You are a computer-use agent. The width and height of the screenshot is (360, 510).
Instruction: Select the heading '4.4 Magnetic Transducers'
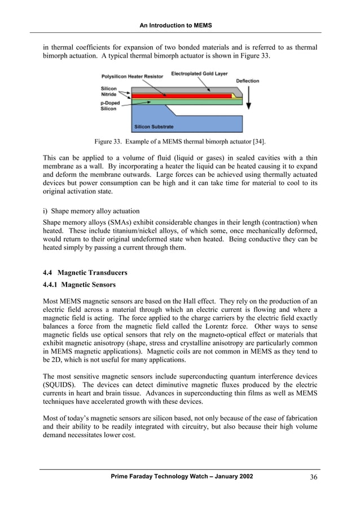point(85,273)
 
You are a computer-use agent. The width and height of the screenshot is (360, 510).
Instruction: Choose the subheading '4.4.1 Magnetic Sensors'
point(80,285)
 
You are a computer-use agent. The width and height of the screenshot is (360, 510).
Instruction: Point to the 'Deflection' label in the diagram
point(247,81)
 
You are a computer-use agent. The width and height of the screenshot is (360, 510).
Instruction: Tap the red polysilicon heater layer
point(181,96)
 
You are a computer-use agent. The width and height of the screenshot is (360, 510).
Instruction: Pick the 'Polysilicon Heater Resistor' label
point(132,76)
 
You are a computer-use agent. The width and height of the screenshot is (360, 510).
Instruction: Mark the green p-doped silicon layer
point(181,102)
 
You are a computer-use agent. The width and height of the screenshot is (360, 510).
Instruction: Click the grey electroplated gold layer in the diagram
point(186,90)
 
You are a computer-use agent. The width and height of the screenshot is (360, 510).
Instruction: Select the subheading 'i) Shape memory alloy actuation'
point(91,211)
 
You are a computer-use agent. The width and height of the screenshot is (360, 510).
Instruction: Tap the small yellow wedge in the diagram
point(233,96)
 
